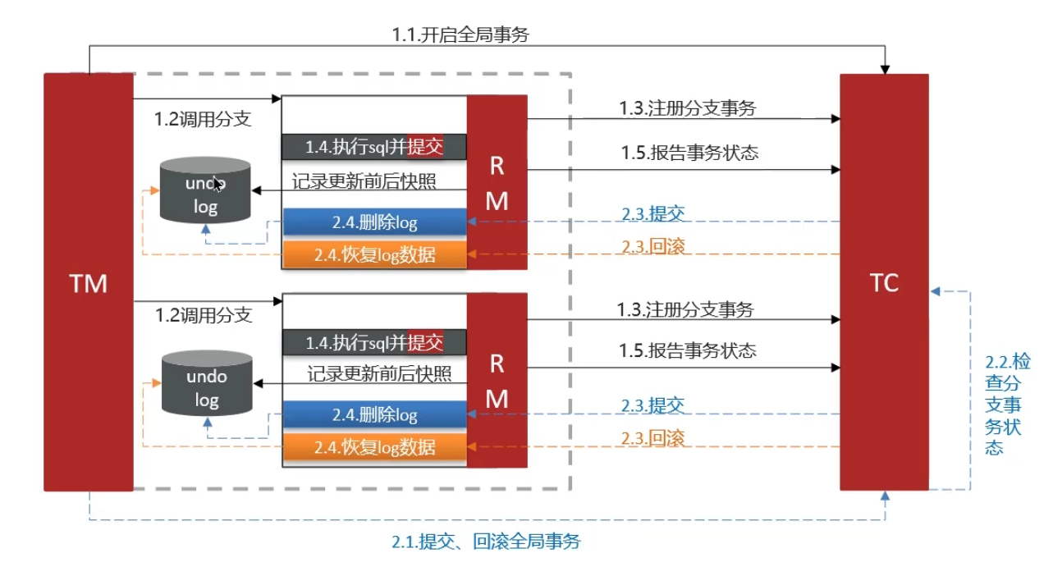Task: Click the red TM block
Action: [x=88, y=282]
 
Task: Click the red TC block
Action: [x=884, y=282]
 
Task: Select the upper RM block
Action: [x=497, y=182]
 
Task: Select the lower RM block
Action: [x=497, y=380]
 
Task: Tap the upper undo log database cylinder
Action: [x=205, y=190]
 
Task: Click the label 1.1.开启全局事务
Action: [x=465, y=34]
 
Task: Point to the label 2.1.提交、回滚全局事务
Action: [x=486, y=542]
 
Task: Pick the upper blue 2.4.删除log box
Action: [x=374, y=222]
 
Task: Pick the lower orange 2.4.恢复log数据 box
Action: [x=374, y=447]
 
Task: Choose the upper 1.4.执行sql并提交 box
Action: [x=374, y=147]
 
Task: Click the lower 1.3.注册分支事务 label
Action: [x=685, y=309]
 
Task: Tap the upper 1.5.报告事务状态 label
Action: [x=689, y=153]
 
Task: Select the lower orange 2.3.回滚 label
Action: [x=653, y=438]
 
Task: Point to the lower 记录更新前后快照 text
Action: [x=379, y=374]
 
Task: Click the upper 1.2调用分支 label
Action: [x=203, y=118]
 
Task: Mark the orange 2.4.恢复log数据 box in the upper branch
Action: [x=374, y=254]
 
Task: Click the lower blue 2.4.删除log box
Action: [x=374, y=415]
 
